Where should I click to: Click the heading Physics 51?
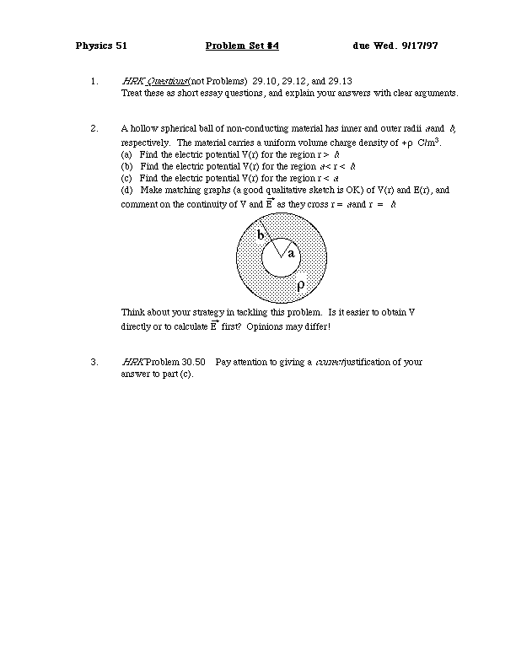101,45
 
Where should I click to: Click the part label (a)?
126,155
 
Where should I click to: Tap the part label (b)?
126,167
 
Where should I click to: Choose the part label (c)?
126,179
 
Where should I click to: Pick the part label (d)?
126,191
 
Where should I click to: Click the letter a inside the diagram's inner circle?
291,253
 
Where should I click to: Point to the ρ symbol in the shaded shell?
300,285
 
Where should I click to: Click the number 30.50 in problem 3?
194,362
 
